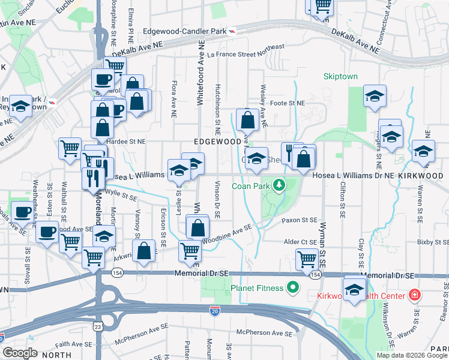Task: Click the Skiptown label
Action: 340,77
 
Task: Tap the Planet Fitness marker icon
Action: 294,289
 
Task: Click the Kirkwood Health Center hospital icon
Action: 414,296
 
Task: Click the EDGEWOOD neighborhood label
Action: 217,142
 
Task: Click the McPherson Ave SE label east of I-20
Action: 265,332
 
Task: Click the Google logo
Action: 20,353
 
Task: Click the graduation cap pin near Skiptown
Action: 375,97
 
